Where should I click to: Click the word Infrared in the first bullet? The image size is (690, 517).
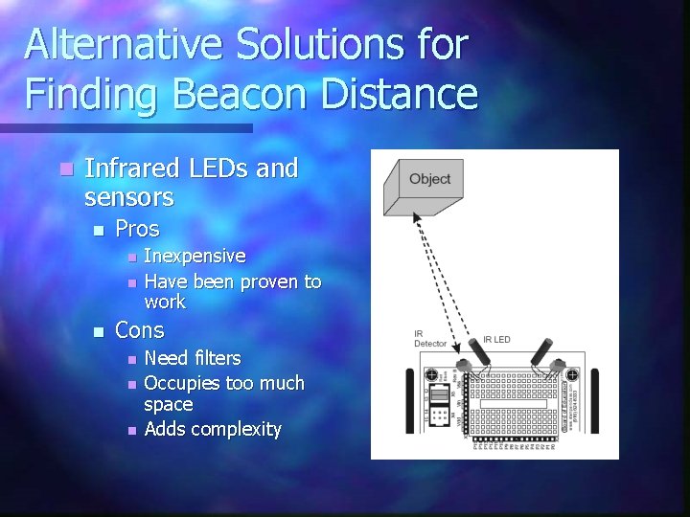click(x=129, y=169)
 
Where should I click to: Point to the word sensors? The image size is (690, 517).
click(x=128, y=198)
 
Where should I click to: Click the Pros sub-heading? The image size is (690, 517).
click(x=137, y=229)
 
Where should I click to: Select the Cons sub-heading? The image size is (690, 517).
click(x=140, y=330)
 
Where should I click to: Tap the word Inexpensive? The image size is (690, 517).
click(x=195, y=257)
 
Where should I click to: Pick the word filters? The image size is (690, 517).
click(x=218, y=358)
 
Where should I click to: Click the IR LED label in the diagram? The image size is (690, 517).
click(x=497, y=340)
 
